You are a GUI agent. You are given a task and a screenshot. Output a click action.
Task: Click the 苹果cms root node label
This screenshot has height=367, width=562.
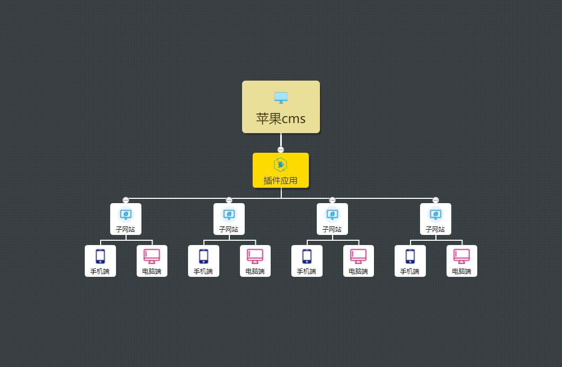(x=281, y=118)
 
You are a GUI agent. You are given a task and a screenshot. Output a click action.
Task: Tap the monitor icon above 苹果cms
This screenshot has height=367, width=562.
(x=281, y=98)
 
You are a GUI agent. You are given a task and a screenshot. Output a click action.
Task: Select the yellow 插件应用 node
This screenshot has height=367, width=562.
(x=281, y=170)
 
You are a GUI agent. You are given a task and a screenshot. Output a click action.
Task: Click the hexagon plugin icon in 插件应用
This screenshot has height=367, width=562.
(x=281, y=164)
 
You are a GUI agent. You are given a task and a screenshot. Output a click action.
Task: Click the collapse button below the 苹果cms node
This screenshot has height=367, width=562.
(x=281, y=150)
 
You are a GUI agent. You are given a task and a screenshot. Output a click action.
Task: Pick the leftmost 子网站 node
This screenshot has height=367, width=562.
(x=126, y=219)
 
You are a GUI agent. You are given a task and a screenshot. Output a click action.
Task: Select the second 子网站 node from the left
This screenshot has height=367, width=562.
(x=229, y=219)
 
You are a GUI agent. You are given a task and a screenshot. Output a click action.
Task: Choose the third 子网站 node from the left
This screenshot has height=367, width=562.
(x=332, y=219)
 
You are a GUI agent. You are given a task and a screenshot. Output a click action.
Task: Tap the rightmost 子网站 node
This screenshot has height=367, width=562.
(x=435, y=219)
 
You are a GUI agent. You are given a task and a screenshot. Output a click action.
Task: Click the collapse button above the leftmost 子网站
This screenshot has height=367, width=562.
(x=126, y=200)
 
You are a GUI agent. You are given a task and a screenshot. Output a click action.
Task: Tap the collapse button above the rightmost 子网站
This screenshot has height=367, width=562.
(x=435, y=200)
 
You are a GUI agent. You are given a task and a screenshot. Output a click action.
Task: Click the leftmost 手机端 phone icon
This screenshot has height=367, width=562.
(x=100, y=256)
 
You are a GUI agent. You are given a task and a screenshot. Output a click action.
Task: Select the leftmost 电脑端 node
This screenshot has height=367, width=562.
(x=152, y=261)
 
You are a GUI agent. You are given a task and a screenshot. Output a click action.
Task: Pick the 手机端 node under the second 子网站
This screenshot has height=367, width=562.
(x=203, y=261)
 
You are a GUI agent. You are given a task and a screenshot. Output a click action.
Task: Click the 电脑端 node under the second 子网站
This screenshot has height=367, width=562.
(x=255, y=261)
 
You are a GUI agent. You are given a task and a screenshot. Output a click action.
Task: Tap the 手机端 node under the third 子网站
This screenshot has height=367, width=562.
(x=307, y=261)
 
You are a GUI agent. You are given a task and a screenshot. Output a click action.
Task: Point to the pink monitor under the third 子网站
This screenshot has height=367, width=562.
(x=359, y=256)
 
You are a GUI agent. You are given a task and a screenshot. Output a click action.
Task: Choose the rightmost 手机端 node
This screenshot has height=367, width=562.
(x=410, y=261)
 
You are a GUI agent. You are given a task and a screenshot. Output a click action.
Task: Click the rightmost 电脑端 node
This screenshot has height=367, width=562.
(x=462, y=261)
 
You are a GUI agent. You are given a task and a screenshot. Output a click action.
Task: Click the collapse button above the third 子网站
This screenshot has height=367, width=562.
(x=332, y=200)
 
